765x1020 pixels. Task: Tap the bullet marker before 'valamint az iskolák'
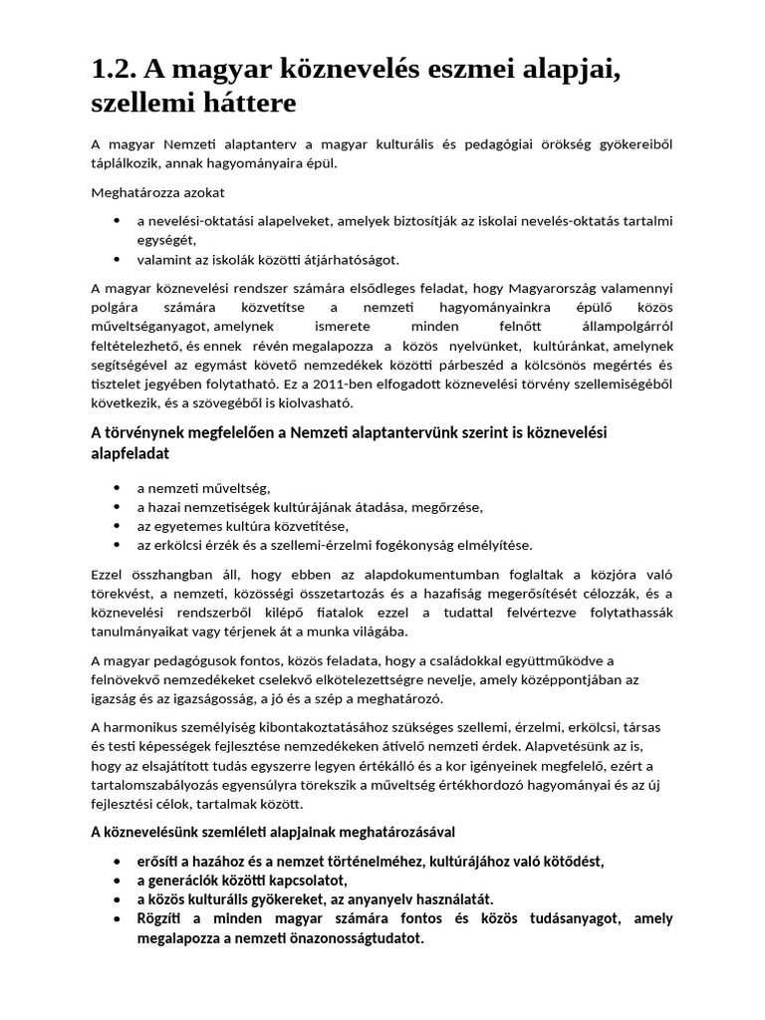click(x=119, y=260)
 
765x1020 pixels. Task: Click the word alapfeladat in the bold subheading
click(x=129, y=453)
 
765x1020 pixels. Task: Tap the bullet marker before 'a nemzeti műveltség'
click(x=119, y=488)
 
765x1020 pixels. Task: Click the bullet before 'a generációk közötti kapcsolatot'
click(x=119, y=881)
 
